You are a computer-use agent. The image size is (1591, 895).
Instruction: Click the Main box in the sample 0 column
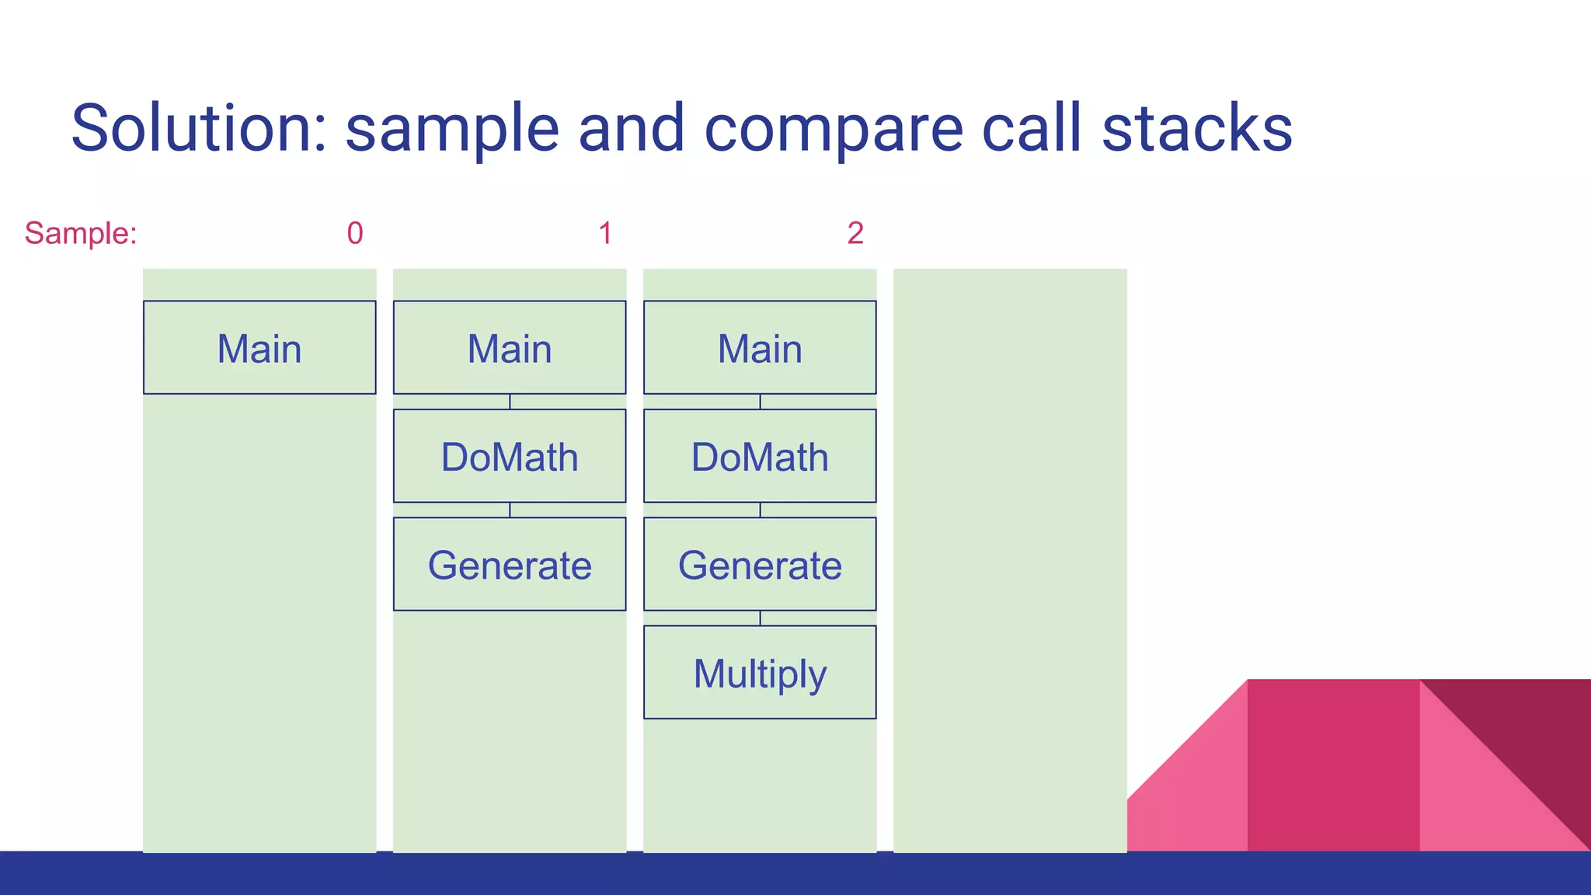click(x=259, y=347)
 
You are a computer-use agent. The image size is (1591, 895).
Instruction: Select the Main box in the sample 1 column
click(x=510, y=347)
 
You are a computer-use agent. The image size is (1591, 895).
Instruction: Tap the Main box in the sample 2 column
click(x=760, y=347)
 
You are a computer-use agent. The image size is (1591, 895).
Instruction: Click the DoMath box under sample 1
click(x=510, y=456)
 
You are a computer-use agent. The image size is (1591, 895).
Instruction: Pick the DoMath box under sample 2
click(x=760, y=456)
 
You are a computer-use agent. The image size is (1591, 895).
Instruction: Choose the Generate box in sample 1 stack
click(x=510, y=564)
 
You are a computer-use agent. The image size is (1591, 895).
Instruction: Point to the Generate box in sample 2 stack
click(x=760, y=564)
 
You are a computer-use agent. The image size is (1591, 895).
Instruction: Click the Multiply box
click(x=760, y=673)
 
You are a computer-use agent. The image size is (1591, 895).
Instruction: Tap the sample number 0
click(x=355, y=233)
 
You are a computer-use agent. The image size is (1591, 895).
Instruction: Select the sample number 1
click(x=605, y=233)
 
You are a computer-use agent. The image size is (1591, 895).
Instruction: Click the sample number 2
click(x=855, y=233)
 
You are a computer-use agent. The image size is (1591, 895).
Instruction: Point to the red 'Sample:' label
click(x=81, y=233)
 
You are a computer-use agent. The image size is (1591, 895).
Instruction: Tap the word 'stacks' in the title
click(x=1196, y=128)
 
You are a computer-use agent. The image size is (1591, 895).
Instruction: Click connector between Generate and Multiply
click(x=760, y=618)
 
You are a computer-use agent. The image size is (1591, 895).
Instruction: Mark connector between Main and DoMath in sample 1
click(x=510, y=402)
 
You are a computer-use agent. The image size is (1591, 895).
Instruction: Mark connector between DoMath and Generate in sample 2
click(x=760, y=510)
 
